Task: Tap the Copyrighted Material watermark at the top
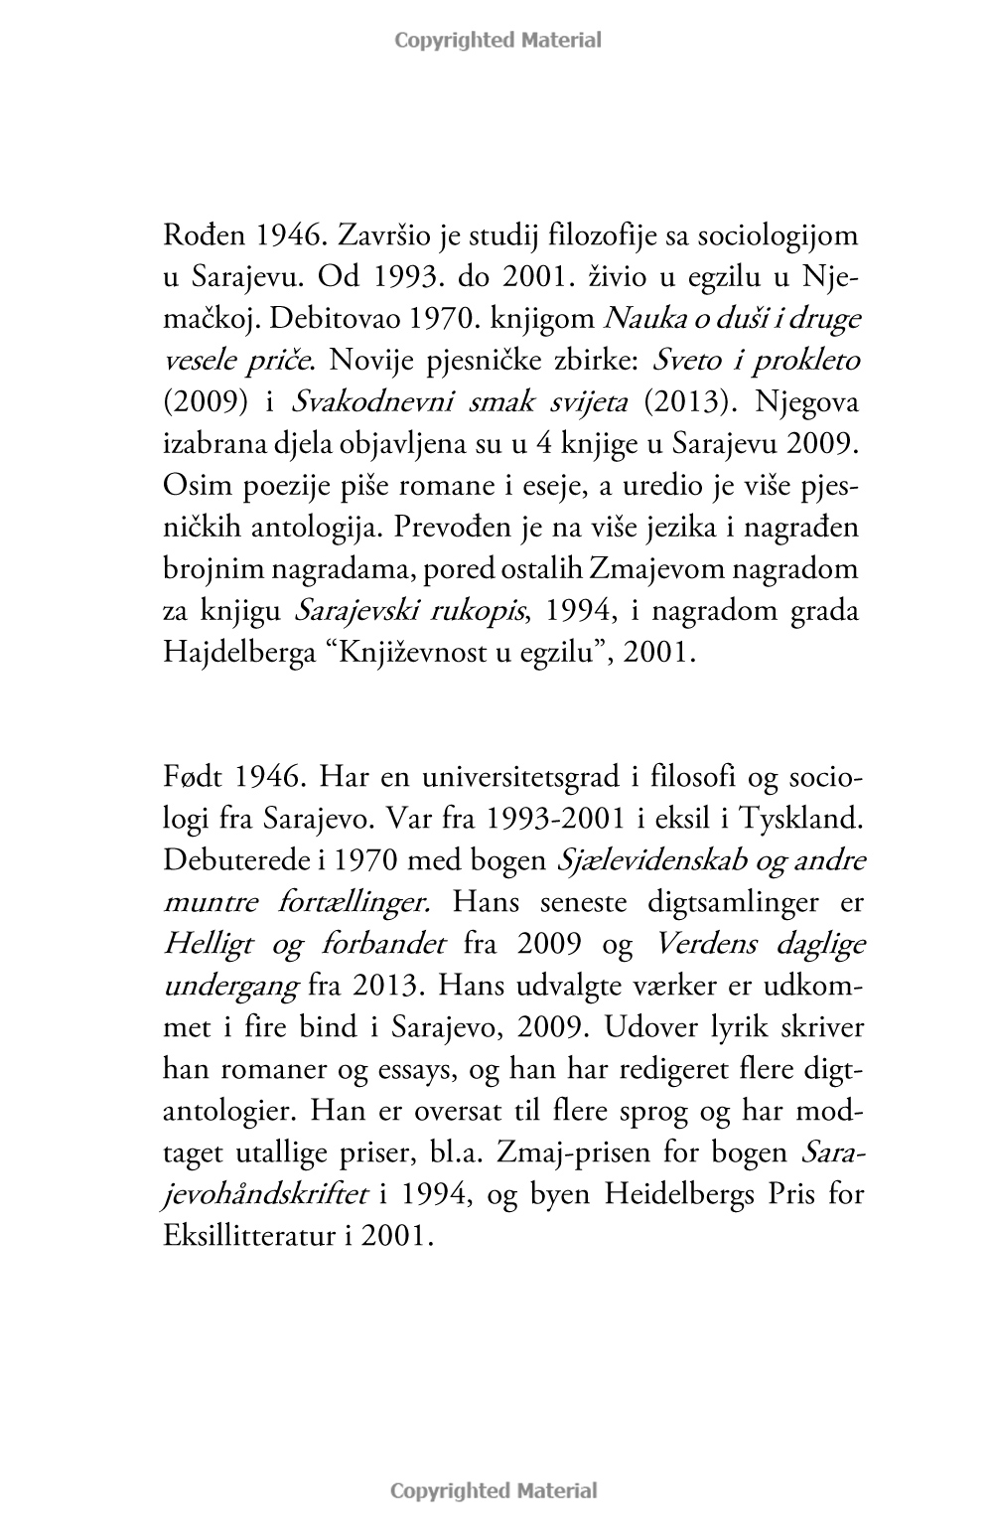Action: (497, 41)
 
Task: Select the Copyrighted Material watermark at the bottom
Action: (494, 1490)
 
